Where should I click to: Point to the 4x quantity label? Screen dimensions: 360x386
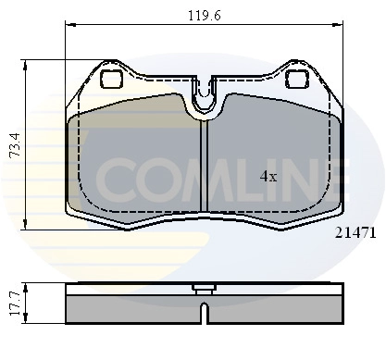pos(268,176)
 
